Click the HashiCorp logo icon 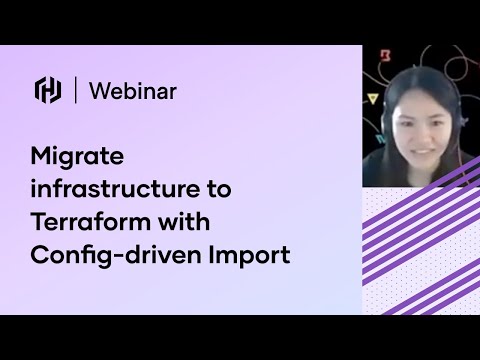tap(48, 90)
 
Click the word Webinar tap(133, 90)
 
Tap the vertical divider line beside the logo tap(76, 90)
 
